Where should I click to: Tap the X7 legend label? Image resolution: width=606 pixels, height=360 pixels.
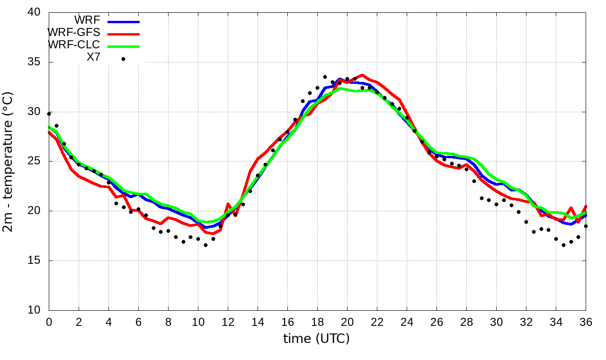[93, 57]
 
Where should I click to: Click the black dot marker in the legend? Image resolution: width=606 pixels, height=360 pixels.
[123, 59]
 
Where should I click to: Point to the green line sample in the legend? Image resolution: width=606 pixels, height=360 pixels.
[124, 46]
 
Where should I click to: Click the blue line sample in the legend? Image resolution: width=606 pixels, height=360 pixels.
[124, 22]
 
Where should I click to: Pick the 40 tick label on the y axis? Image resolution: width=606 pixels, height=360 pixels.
[34, 13]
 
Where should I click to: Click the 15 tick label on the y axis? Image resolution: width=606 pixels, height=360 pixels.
[34, 261]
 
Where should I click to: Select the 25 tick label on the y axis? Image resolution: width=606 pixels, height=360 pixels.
[34, 162]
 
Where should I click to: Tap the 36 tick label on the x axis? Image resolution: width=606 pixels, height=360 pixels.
[586, 322]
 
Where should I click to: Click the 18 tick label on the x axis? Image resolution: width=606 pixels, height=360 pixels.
[317, 322]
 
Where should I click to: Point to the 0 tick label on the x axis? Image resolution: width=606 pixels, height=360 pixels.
[49, 322]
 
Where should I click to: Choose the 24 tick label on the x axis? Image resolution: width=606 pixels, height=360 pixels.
[407, 322]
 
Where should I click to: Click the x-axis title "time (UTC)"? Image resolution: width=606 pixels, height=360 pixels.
[316, 339]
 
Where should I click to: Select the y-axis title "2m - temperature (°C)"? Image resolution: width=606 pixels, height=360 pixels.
[9, 162]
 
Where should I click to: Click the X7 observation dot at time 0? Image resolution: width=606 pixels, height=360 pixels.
[49, 114]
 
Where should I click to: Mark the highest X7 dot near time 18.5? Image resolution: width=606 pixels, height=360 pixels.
[325, 77]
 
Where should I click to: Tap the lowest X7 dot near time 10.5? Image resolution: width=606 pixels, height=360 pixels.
[205, 245]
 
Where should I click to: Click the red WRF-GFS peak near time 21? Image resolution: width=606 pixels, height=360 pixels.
[362, 75]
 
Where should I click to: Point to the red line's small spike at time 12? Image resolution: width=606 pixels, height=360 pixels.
[228, 204]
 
